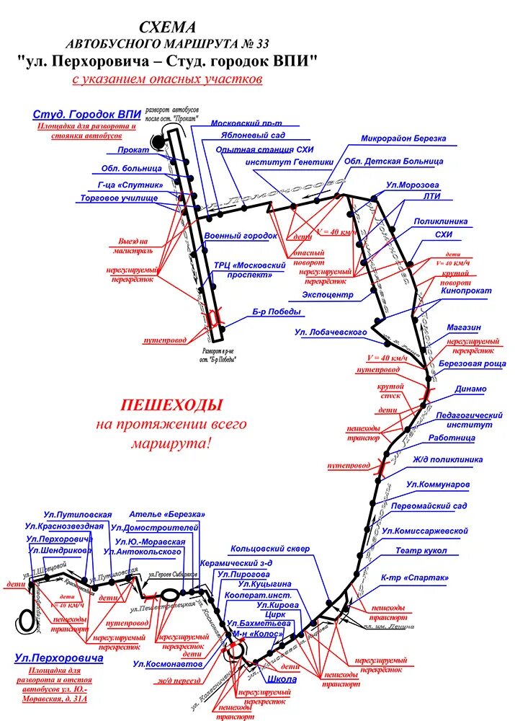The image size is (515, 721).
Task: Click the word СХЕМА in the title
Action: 167,27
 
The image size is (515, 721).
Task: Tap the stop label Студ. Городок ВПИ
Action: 86,115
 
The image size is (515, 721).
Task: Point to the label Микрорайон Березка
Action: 403,138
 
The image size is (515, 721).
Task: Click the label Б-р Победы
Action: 276,312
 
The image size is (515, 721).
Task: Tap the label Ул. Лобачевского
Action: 331,332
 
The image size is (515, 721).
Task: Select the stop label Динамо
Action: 470,389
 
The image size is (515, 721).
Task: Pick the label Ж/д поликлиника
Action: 448,459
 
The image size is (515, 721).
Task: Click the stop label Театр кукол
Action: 421,551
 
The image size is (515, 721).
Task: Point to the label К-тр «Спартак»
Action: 414,578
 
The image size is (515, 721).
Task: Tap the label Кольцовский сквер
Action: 270,549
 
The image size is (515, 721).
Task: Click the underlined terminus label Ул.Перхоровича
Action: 59,658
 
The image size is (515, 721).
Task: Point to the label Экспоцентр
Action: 328,296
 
